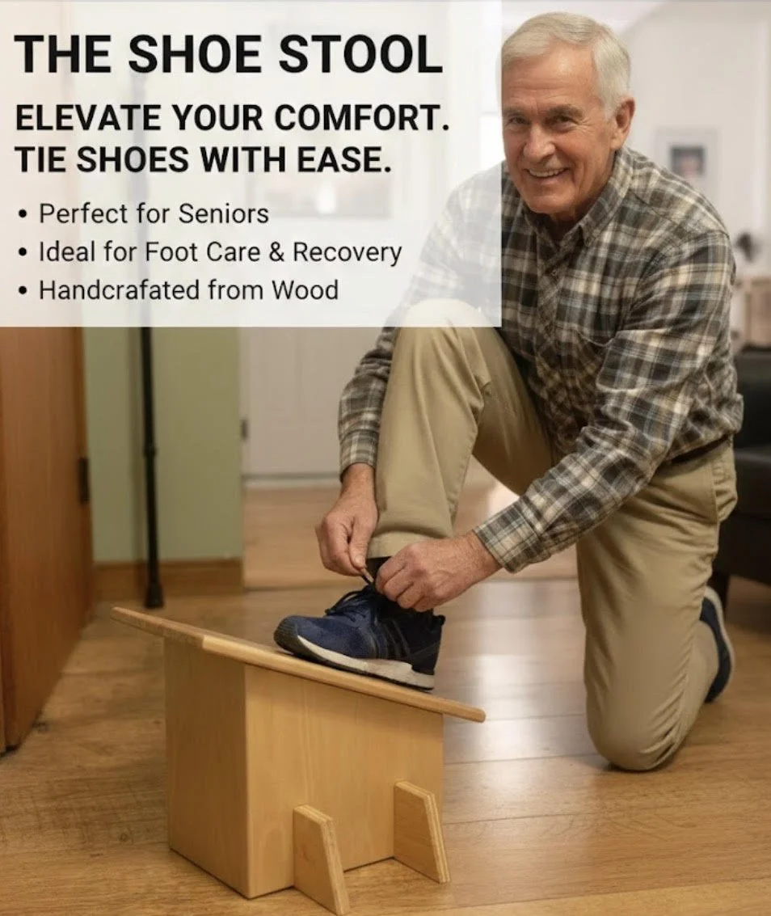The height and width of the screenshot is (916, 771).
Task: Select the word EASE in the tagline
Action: (347, 160)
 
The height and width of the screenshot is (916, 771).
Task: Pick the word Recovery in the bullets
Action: (347, 252)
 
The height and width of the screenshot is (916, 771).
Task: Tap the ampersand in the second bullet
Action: (276, 252)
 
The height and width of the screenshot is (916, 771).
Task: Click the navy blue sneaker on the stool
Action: (364, 631)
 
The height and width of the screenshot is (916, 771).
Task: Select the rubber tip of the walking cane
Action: (153, 597)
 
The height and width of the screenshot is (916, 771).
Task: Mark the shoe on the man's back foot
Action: (718, 639)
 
